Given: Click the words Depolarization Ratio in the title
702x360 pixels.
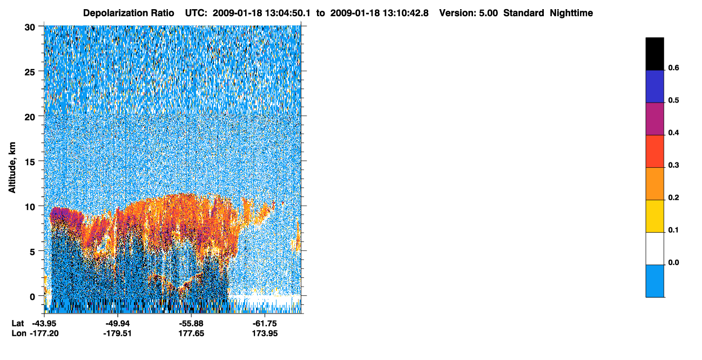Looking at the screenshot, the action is [129, 13].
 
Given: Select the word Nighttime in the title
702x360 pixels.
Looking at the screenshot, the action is [571, 13].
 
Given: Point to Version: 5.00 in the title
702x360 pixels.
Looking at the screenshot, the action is [468, 13].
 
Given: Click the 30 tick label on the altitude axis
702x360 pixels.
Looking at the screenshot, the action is [30, 28].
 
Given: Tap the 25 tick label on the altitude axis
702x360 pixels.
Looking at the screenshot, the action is [30, 72].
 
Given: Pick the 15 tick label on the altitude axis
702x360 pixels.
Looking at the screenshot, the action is [30, 162].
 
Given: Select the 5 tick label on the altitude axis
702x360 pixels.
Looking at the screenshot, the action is [32, 252].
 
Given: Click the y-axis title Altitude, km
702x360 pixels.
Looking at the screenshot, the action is [12, 167].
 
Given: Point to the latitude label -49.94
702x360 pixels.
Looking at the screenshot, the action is [118, 323].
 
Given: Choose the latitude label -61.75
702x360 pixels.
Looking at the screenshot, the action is [265, 323].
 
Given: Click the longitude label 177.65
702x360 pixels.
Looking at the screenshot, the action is [191, 333].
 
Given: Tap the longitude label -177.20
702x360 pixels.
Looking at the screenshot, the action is [44, 333].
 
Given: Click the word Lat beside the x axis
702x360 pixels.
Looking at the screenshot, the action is [18, 323].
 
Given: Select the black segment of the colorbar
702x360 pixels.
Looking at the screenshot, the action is [654, 54].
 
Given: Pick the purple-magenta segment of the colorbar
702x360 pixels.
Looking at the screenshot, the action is [654, 119].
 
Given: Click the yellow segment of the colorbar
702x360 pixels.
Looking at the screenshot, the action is [654, 216].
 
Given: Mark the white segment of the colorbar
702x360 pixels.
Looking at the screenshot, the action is [654, 249].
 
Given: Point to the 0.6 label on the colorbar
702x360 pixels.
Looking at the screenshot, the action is [673, 67].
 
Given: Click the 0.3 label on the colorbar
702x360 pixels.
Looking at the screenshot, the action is [673, 165].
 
